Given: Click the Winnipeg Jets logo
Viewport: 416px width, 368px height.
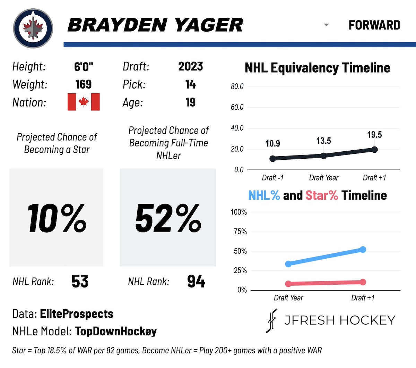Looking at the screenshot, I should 33,28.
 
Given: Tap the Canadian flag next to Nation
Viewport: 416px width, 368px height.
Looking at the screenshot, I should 84,102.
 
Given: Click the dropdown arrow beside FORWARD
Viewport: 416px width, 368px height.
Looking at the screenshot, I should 326,25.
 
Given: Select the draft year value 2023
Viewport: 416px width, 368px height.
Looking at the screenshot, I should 190,66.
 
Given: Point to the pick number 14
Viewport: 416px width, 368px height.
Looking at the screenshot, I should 190,84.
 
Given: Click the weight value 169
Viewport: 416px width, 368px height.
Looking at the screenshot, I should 84,84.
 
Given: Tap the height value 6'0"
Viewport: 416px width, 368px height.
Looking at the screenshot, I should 84,66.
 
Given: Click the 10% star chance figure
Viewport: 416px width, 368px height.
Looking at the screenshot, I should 57,218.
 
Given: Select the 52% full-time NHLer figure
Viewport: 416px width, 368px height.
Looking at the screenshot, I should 168,218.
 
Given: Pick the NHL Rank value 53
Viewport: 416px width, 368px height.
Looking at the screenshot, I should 80,282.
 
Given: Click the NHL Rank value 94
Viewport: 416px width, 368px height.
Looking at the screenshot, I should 196,282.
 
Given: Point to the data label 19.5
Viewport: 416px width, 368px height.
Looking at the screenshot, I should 374,135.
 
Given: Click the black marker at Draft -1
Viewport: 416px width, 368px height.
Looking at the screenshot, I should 272,159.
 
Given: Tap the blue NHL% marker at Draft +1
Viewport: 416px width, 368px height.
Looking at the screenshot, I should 363,250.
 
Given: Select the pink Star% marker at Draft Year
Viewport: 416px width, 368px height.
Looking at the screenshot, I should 288,284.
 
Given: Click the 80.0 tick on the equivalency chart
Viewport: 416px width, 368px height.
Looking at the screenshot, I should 237,87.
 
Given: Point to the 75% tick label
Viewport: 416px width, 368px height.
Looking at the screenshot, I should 240,232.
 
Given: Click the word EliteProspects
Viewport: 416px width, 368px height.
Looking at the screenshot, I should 77,314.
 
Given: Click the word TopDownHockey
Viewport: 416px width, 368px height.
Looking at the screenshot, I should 116,331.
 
